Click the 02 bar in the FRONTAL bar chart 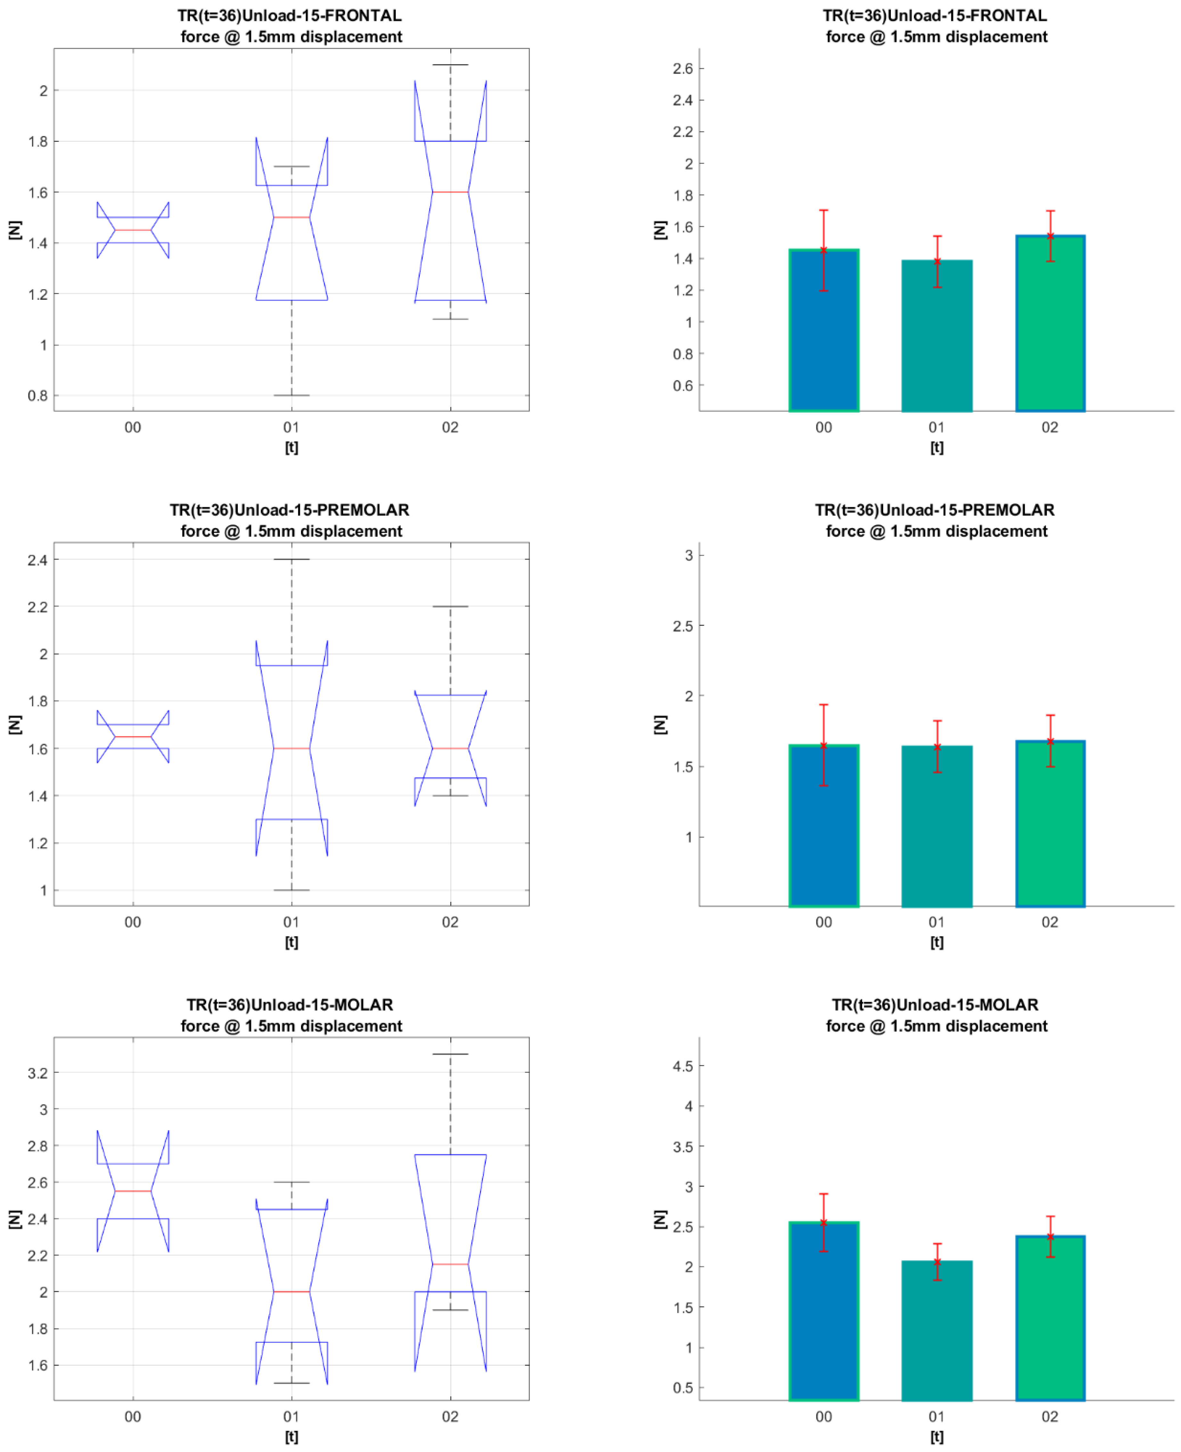[1050, 327]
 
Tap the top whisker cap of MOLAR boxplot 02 [450, 1054]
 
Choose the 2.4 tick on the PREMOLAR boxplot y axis [37, 560]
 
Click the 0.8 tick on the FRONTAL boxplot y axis [37, 396]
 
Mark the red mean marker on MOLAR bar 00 [823, 1223]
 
